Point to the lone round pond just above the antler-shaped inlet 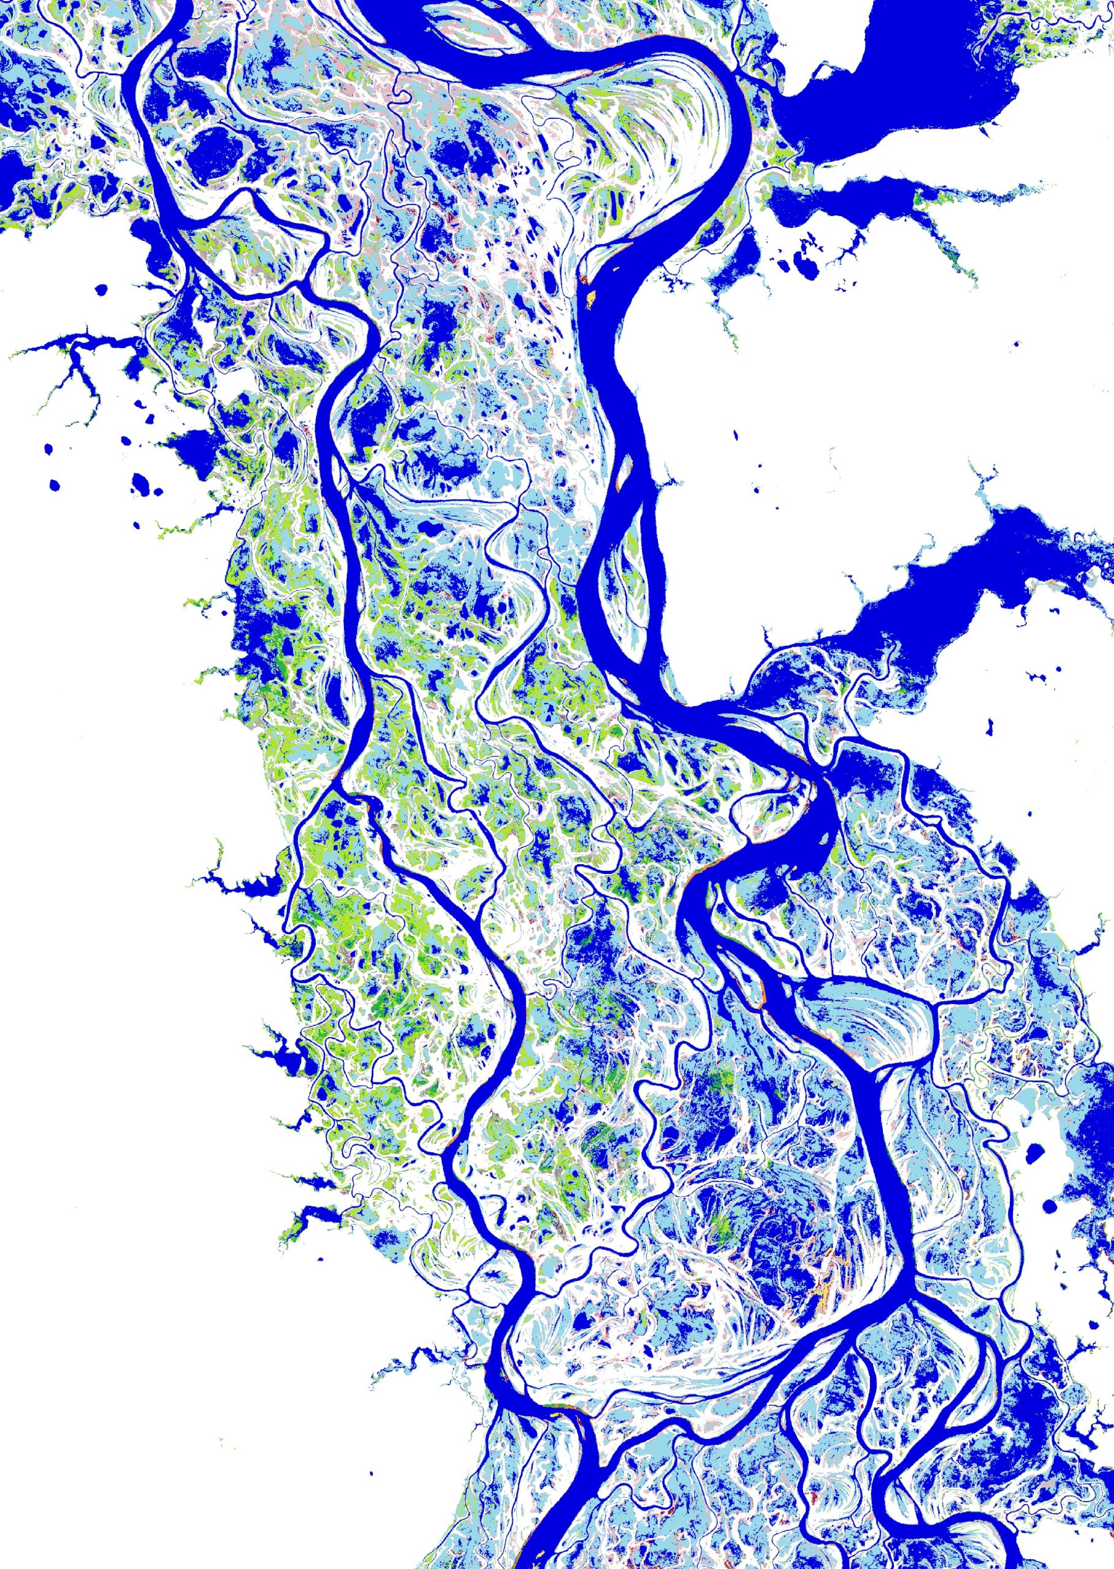tap(102, 289)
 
